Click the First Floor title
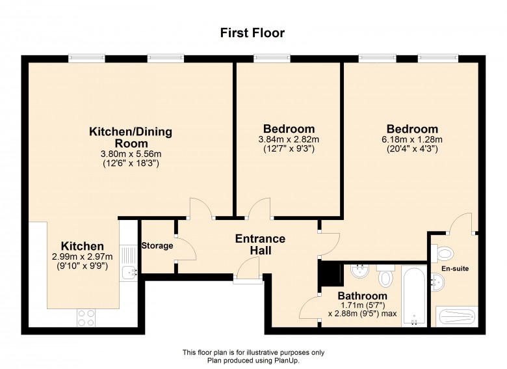click(x=252, y=33)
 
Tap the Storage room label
click(x=157, y=246)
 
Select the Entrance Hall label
click(x=260, y=245)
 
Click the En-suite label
click(x=455, y=268)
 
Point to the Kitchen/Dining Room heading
click(x=131, y=137)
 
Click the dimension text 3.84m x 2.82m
click(x=289, y=139)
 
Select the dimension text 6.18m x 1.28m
click(x=412, y=139)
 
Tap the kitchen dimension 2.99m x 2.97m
click(x=82, y=256)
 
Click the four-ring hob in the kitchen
click(x=86, y=318)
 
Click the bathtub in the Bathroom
click(x=414, y=296)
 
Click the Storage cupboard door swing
click(x=187, y=249)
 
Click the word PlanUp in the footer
click(x=288, y=361)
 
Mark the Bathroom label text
click(x=363, y=295)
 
